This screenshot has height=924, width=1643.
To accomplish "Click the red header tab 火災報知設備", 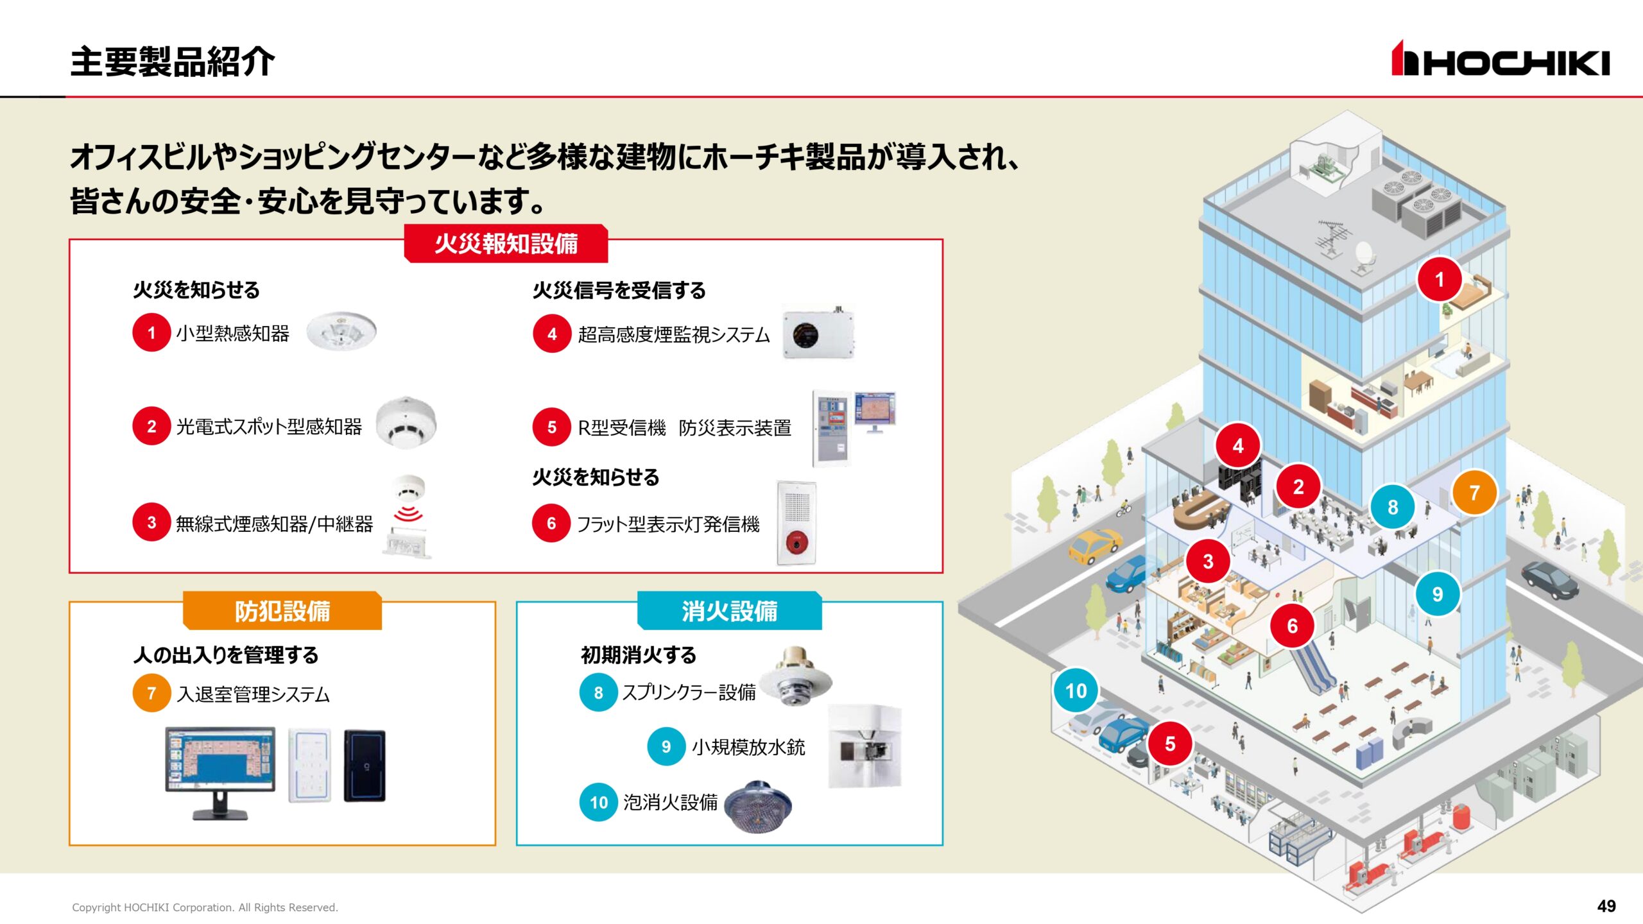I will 506,244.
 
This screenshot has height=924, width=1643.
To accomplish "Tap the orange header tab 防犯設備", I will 282,611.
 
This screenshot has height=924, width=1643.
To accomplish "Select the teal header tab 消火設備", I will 729,611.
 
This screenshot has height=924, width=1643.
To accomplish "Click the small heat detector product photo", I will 341,332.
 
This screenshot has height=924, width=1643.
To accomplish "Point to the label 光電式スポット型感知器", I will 269,427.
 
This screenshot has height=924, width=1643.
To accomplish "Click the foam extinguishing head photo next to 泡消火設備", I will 758,806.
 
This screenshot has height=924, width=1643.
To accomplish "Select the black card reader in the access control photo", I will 365,766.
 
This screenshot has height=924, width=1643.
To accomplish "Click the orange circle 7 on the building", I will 1474,493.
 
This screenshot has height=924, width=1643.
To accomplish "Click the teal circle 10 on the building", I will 1076,691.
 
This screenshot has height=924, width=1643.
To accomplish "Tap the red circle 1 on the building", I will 1440,280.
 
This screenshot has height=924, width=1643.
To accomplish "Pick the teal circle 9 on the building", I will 1438,594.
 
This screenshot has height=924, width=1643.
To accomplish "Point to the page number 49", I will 1606,906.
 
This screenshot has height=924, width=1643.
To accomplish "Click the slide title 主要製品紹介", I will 173,62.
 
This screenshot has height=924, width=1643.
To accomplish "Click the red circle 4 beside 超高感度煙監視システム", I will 552,334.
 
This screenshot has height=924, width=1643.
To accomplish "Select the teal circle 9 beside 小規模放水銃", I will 666,746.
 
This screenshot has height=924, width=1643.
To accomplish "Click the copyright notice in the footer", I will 205,907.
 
